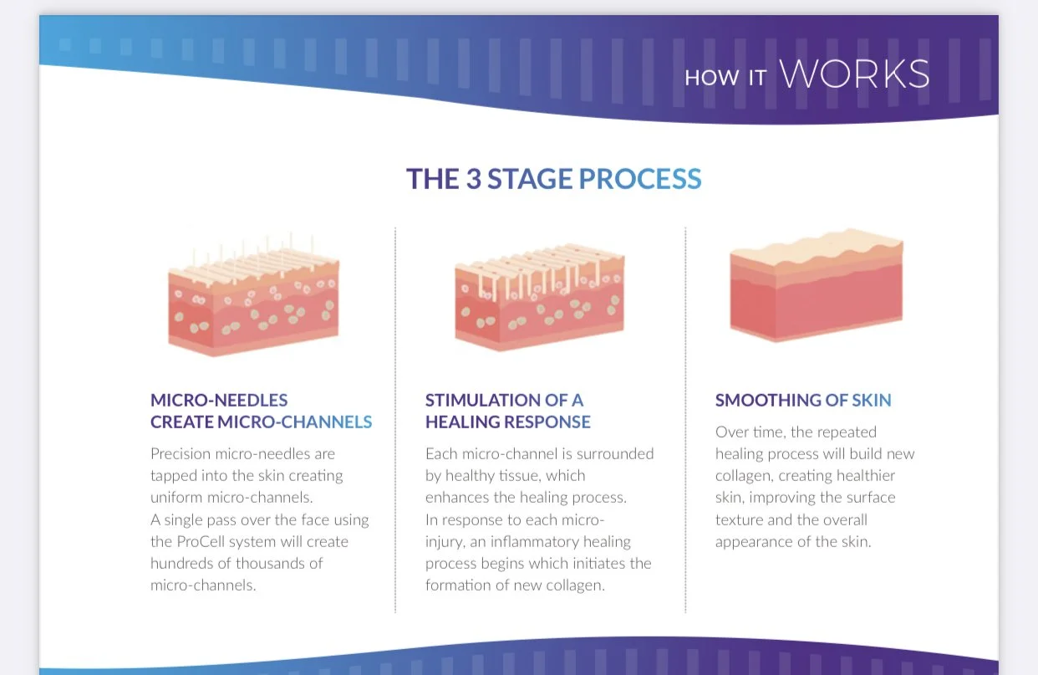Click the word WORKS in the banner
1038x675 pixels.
[x=854, y=74]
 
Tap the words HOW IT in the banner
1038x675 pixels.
[x=725, y=78]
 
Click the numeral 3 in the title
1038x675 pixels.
[x=474, y=179]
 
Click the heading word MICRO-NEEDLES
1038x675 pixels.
[x=219, y=400]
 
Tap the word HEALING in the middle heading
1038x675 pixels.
[x=466, y=422]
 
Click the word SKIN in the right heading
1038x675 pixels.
[x=872, y=400]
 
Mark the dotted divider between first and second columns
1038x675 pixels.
[x=395, y=418]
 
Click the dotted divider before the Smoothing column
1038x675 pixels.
[x=685, y=418]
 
